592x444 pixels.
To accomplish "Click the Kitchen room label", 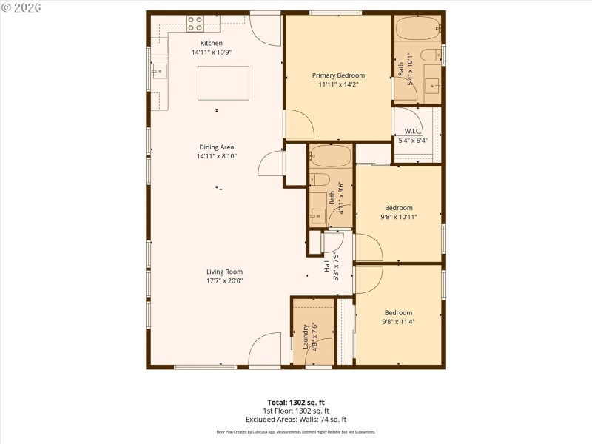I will click(206, 43).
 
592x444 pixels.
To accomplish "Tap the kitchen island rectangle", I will click(223, 82).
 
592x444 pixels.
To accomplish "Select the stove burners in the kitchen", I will click(195, 24).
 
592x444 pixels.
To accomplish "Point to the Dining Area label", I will click(215, 147).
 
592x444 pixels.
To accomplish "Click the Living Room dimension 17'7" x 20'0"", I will click(224, 280).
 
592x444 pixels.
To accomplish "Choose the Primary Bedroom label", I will click(338, 75).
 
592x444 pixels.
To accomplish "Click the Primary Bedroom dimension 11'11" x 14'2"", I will click(338, 84).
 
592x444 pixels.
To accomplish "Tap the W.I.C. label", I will click(413, 132).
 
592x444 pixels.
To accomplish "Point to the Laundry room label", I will click(305, 336).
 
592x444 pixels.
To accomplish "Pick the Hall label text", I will click(327, 266).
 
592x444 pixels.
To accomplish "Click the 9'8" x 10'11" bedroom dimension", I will click(399, 217).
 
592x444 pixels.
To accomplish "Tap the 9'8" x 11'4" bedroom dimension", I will click(398, 322).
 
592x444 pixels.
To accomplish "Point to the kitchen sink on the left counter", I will click(158, 72).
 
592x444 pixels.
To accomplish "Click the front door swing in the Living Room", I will click(264, 349).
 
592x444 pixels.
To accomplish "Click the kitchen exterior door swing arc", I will click(265, 28).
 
